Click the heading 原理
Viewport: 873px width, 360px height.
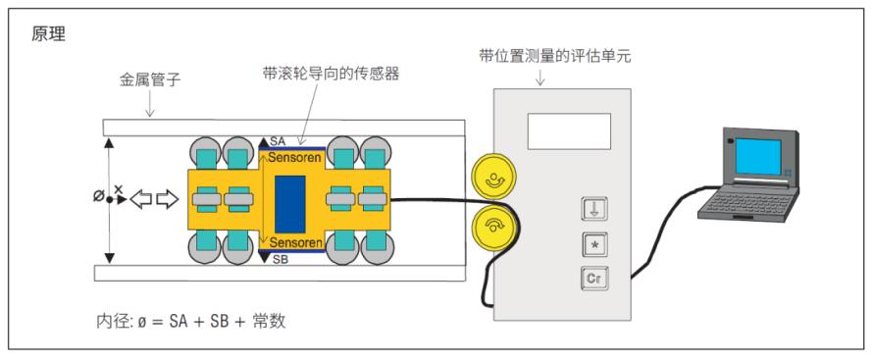48,35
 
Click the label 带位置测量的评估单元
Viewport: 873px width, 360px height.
555,56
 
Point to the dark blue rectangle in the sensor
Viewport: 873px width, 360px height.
290,204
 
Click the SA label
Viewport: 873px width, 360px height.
278,142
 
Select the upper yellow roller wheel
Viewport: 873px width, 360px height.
493,178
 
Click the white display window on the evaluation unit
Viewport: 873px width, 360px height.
569,131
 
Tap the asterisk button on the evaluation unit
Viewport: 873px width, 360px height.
594,245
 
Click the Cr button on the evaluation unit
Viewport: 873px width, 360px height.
594,279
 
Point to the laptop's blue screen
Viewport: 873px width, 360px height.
758,157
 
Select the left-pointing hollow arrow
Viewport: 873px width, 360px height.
141,199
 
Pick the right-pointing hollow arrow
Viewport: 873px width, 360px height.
167,199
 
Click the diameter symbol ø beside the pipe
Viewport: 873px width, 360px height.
98,196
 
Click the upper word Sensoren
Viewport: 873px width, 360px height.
294,158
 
